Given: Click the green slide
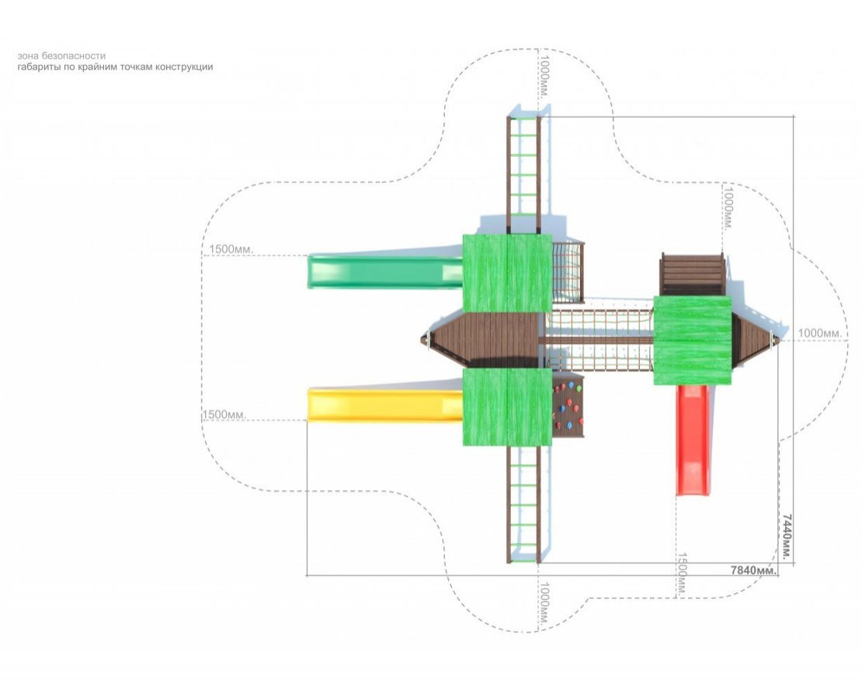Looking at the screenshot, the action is (385, 271).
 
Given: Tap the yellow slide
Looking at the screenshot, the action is (385, 405).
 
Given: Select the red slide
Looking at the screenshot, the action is (692, 439).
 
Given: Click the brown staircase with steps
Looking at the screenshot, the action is (692, 274).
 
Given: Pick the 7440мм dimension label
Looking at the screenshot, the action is (787, 536).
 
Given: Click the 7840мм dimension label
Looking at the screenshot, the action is (754, 570).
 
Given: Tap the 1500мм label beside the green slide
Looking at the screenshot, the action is (231, 249).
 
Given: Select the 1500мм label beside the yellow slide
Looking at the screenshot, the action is (224, 414).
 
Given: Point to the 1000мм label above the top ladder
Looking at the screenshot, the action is (544, 75).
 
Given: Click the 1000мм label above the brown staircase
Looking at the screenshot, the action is (728, 209).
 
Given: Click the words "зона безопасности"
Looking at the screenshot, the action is (61, 55).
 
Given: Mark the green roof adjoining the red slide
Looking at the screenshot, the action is (693, 341).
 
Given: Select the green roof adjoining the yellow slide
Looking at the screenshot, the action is (507, 407).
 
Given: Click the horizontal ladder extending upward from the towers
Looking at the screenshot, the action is (523, 174).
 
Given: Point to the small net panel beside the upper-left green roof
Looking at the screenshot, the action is (568, 272).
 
